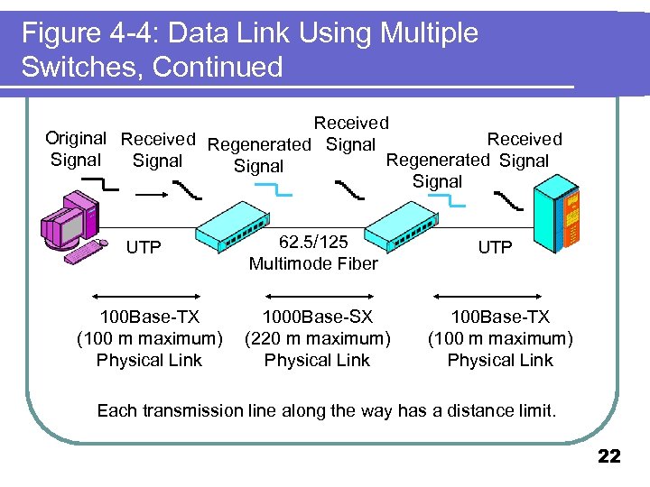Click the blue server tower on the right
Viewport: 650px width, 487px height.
(x=558, y=216)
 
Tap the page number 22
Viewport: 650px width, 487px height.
(x=609, y=457)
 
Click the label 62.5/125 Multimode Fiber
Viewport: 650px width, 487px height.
(x=312, y=253)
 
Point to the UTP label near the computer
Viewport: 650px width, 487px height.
(x=144, y=247)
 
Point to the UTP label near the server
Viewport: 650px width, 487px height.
(x=495, y=247)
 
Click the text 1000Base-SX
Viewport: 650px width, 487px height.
(x=317, y=317)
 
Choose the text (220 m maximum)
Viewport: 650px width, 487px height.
(x=317, y=339)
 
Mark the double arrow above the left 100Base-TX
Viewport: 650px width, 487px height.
(x=148, y=296)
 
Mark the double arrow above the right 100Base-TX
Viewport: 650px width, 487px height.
(x=487, y=296)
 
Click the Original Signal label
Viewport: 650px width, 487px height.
(x=76, y=149)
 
